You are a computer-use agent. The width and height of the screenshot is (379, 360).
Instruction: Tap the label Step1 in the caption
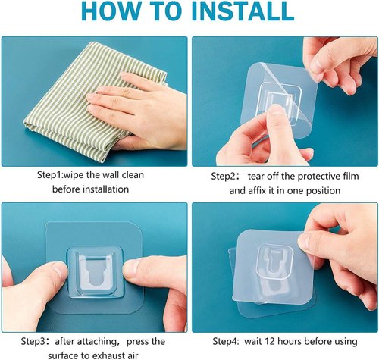[x=52, y=175]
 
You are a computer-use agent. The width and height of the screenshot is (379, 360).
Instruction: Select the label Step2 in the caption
[x=224, y=176]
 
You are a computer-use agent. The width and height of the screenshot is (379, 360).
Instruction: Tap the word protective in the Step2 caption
[x=305, y=176]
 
